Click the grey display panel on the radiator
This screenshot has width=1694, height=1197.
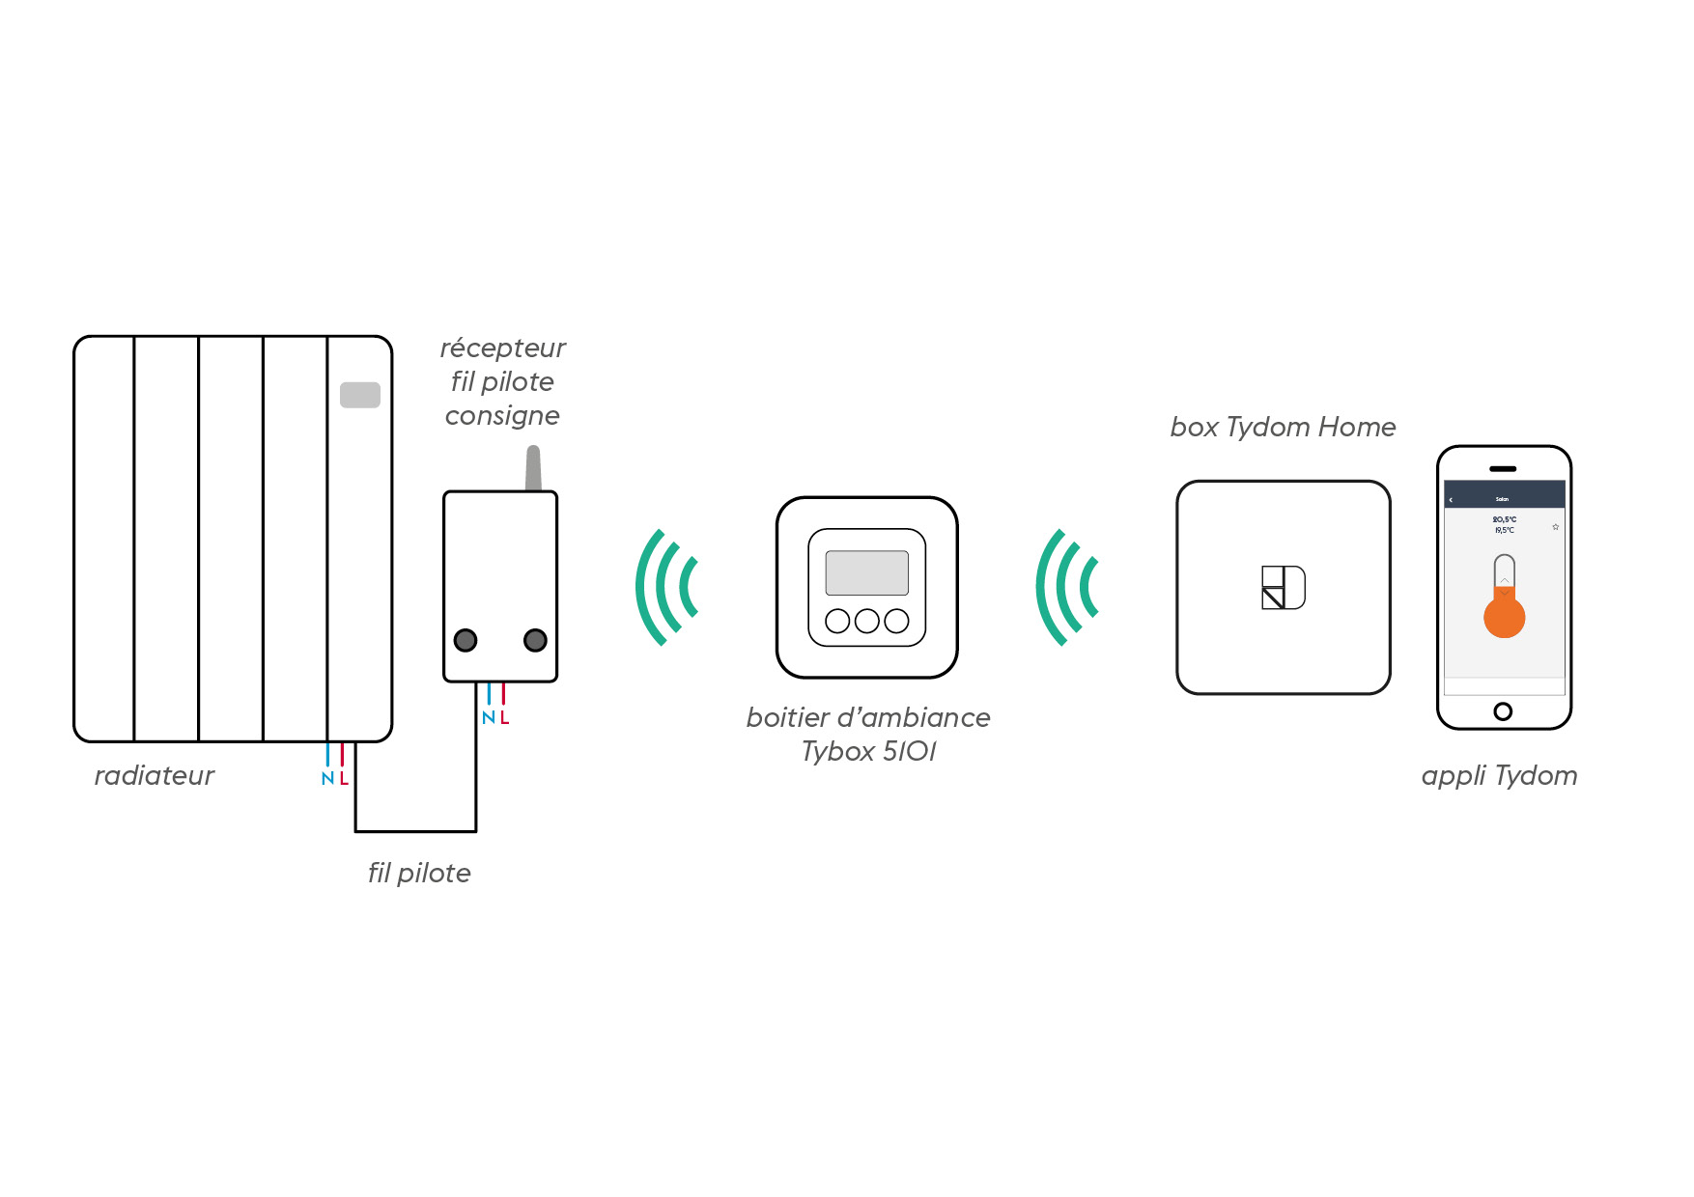pyautogui.click(x=360, y=395)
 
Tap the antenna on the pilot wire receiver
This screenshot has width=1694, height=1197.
pyautogui.click(x=533, y=469)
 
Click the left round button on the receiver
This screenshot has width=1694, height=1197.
pyautogui.click(x=466, y=640)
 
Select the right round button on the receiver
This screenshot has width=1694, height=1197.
pyautogui.click(x=535, y=640)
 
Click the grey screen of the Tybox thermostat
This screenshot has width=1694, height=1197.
pyautogui.click(x=866, y=572)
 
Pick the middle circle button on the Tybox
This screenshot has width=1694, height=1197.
pyautogui.click(x=867, y=621)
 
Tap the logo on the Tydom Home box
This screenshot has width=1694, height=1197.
pyautogui.click(x=1284, y=587)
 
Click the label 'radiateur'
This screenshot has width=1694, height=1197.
pyautogui.click(x=155, y=776)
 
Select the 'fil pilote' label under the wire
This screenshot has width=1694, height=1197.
pyautogui.click(x=419, y=874)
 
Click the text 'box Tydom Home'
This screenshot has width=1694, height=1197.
pyautogui.click(x=1283, y=427)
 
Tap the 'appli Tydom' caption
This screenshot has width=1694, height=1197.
pyautogui.click(x=1499, y=776)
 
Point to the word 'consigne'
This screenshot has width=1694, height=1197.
pyautogui.click(x=502, y=416)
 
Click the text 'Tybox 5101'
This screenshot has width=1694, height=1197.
pyautogui.click(x=868, y=752)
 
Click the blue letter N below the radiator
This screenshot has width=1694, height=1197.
pyautogui.click(x=327, y=779)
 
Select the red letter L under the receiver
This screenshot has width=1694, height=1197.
pyautogui.click(x=505, y=718)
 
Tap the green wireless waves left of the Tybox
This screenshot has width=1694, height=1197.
pyautogui.click(x=665, y=587)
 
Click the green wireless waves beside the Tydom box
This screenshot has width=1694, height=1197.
pyautogui.click(x=1066, y=587)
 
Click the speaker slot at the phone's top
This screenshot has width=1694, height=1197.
pyautogui.click(x=1503, y=469)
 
